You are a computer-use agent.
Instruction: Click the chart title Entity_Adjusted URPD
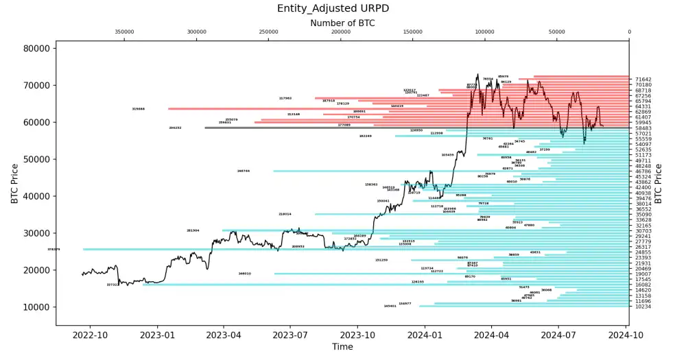(x=342, y=8)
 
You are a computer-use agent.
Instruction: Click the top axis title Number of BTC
(x=342, y=23)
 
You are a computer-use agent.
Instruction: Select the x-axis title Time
(x=342, y=347)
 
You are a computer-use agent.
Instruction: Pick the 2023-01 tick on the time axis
(x=157, y=335)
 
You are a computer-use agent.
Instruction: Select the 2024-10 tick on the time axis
(x=628, y=335)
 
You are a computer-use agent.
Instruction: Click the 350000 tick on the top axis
(x=124, y=32)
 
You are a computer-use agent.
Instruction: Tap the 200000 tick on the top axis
(x=340, y=32)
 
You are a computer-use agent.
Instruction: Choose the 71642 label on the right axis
(x=643, y=80)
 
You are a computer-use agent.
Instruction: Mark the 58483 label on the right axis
(x=643, y=128)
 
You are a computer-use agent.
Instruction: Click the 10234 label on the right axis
(x=643, y=307)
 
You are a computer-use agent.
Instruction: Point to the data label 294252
(x=175, y=128)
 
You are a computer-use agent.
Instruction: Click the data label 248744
(x=244, y=171)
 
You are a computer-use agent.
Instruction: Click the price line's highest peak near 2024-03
(x=478, y=75)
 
